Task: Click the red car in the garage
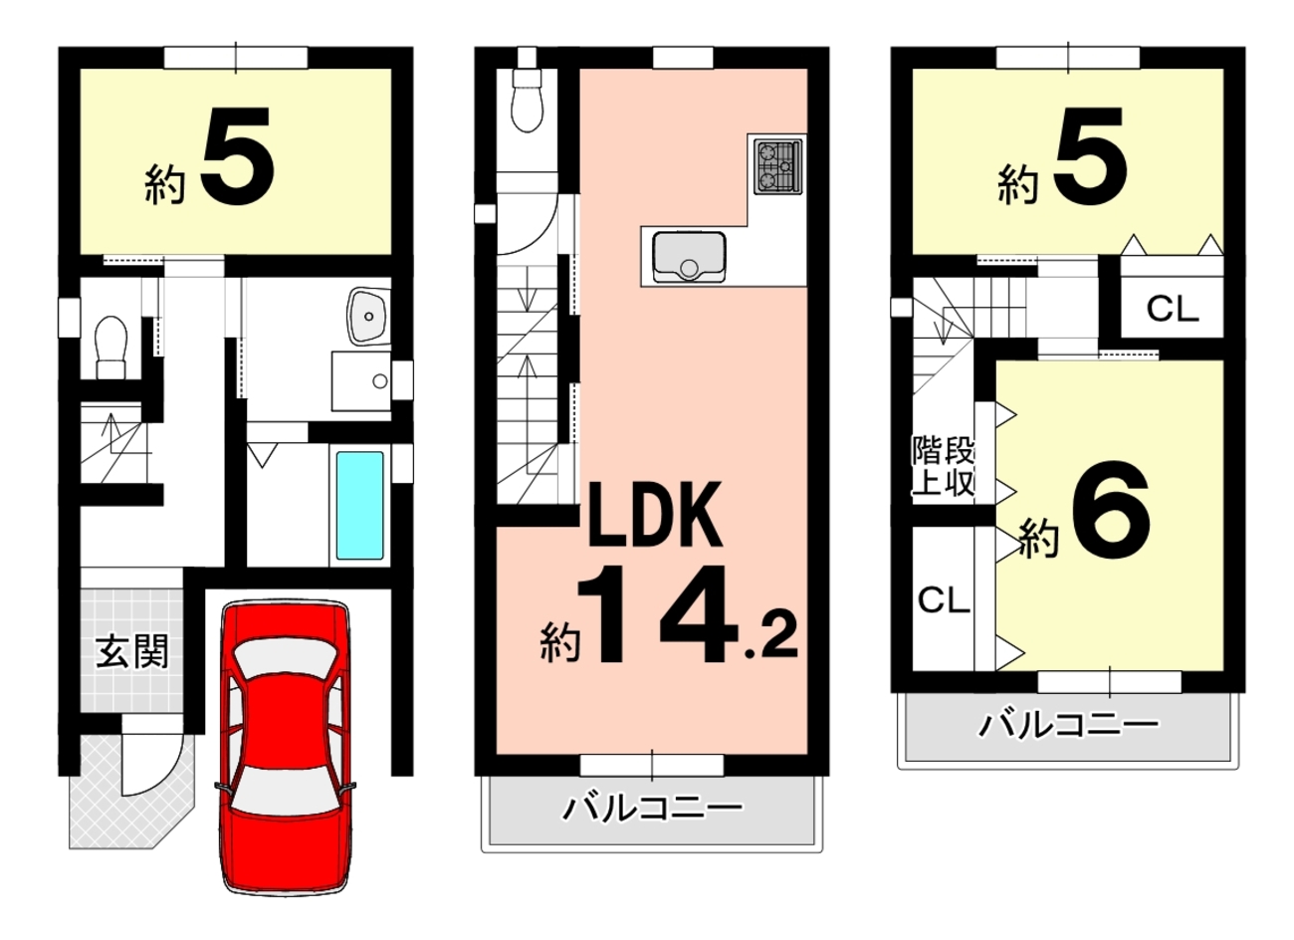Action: [x=285, y=747]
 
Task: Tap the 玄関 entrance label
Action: [x=132, y=651]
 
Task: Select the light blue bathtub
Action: [x=359, y=506]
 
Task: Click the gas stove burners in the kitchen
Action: [x=778, y=166]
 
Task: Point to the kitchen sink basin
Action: [x=689, y=257]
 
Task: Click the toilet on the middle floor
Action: [x=528, y=100]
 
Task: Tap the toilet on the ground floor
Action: [x=110, y=348]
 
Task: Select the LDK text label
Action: [x=655, y=515]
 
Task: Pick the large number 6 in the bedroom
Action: [x=1111, y=510]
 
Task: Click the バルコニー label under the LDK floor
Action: [x=653, y=809]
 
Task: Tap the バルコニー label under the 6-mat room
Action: [x=1069, y=726]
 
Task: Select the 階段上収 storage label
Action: [x=944, y=467]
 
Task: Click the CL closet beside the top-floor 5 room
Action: [x=1173, y=309]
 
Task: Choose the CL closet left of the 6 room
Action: [x=944, y=599]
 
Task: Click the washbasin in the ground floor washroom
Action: [x=368, y=316]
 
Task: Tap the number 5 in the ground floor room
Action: [x=237, y=156]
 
